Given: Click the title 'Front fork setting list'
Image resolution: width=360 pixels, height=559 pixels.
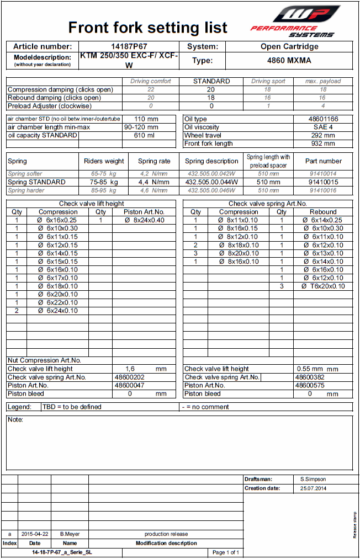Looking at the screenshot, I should [147, 28].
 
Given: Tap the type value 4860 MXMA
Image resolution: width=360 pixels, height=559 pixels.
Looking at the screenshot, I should [289, 61].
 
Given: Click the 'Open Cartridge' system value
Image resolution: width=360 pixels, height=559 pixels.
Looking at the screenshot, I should [289, 47].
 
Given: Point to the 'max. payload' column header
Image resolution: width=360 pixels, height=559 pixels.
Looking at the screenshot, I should [323, 81].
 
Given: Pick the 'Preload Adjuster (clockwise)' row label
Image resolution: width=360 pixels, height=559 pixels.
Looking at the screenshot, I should [50, 106].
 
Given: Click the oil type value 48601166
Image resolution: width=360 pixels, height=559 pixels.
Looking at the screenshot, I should [323, 119].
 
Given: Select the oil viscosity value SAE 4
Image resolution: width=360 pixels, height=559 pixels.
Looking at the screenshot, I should [323, 127].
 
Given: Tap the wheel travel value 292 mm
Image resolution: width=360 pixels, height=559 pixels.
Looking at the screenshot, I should [323, 135].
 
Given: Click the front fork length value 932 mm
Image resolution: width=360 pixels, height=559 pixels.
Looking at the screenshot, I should [323, 143].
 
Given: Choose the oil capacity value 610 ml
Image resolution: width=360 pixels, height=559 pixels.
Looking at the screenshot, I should [146, 135].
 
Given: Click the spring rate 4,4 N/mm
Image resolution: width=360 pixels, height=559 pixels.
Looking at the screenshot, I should [154, 182].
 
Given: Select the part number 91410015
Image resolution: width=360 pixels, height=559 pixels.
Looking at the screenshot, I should [323, 182].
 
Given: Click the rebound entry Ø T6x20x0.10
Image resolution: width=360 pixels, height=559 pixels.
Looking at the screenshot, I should [323, 286].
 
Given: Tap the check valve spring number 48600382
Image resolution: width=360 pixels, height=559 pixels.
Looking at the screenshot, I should [306, 377].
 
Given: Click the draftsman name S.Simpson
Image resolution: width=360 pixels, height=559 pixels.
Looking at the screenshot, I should [314, 480].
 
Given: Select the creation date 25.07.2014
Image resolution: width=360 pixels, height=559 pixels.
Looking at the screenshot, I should [314, 488].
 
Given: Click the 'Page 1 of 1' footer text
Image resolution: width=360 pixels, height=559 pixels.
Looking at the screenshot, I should [225, 552].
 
